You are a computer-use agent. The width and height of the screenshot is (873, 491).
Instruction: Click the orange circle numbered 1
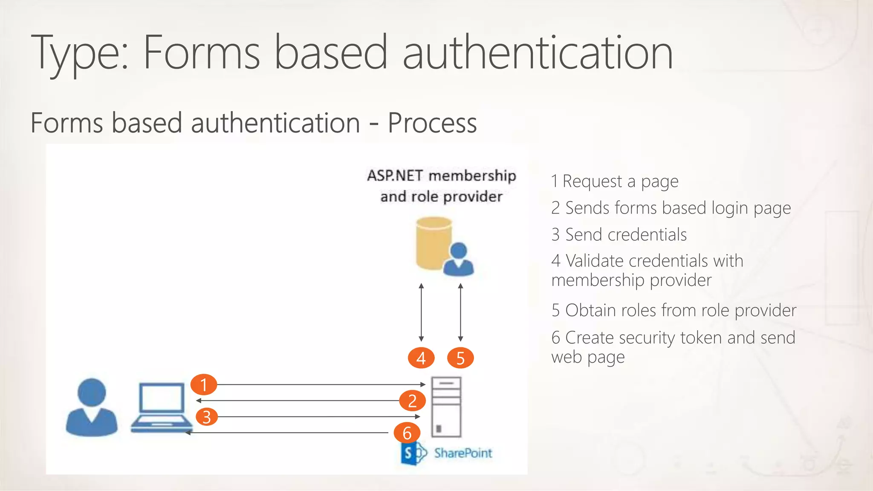click(x=204, y=384)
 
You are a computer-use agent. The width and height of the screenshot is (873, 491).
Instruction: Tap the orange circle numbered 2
click(x=412, y=401)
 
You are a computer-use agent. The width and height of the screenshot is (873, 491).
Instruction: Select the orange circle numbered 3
click(x=207, y=417)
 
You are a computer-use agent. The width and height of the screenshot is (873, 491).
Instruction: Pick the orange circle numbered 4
click(x=421, y=358)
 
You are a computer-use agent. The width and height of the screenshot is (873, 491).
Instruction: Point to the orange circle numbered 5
click(x=460, y=358)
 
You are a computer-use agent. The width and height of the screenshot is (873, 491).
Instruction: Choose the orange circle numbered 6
click(x=407, y=433)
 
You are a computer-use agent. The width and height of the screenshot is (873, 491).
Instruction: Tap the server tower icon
click(x=446, y=407)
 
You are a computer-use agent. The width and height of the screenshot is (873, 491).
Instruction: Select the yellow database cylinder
click(x=433, y=243)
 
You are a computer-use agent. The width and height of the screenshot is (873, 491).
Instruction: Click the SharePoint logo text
click(x=463, y=453)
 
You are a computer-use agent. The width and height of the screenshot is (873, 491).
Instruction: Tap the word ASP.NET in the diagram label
click(x=395, y=176)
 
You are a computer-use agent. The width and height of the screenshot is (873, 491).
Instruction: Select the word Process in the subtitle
click(x=432, y=123)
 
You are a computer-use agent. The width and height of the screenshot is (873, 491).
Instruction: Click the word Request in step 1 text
click(x=592, y=181)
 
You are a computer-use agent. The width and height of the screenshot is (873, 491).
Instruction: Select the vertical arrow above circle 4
click(x=421, y=312)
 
